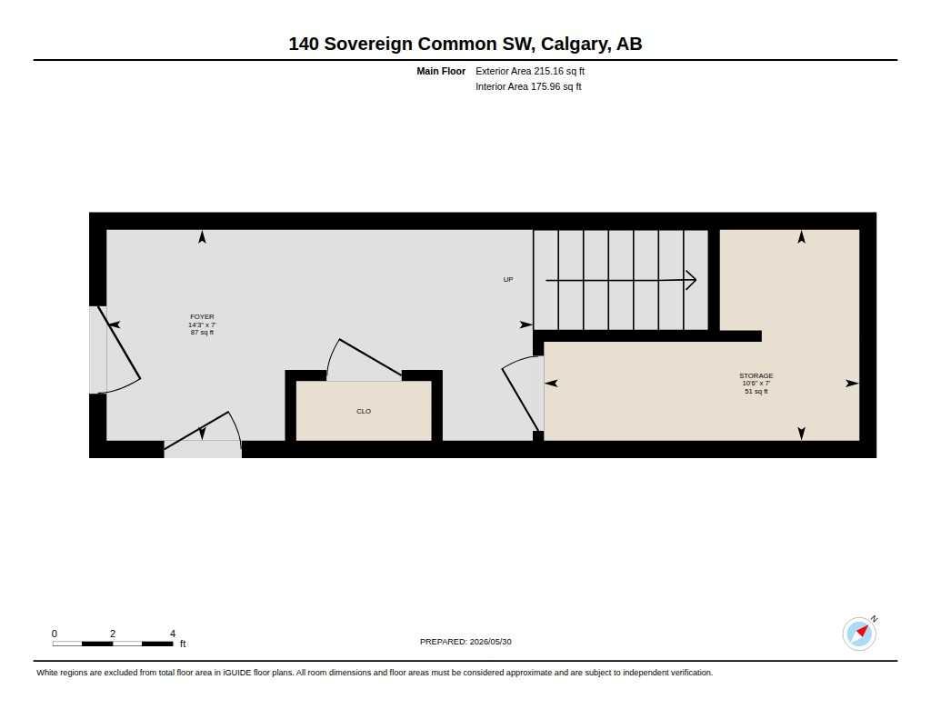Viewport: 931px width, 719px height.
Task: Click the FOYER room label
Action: point(202,316)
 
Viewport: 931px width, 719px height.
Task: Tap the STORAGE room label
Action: point(756,375)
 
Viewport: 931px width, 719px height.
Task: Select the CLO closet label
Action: point(364,411)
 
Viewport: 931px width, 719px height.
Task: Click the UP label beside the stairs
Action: point(508,279)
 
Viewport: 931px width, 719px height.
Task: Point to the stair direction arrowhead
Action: point(691,280)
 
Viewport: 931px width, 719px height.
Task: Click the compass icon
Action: point(859,634)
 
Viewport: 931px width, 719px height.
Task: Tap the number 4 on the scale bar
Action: point(173,634)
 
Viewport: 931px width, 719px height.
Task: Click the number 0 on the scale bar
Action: point(54,634)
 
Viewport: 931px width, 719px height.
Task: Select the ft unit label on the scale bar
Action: point(183,644)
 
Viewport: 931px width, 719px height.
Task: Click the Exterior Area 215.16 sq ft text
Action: point(530,71)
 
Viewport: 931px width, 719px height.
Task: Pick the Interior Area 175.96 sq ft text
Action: point(528,86)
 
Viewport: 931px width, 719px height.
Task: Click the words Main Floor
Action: point(441,71)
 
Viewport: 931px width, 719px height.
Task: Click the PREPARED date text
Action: point(465,642)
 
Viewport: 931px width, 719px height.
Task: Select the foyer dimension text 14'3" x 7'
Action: point(202,325)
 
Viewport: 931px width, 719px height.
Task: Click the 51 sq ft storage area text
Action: point(756,391)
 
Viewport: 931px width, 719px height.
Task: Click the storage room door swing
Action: point(522,393)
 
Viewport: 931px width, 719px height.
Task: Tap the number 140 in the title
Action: point(304,44)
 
